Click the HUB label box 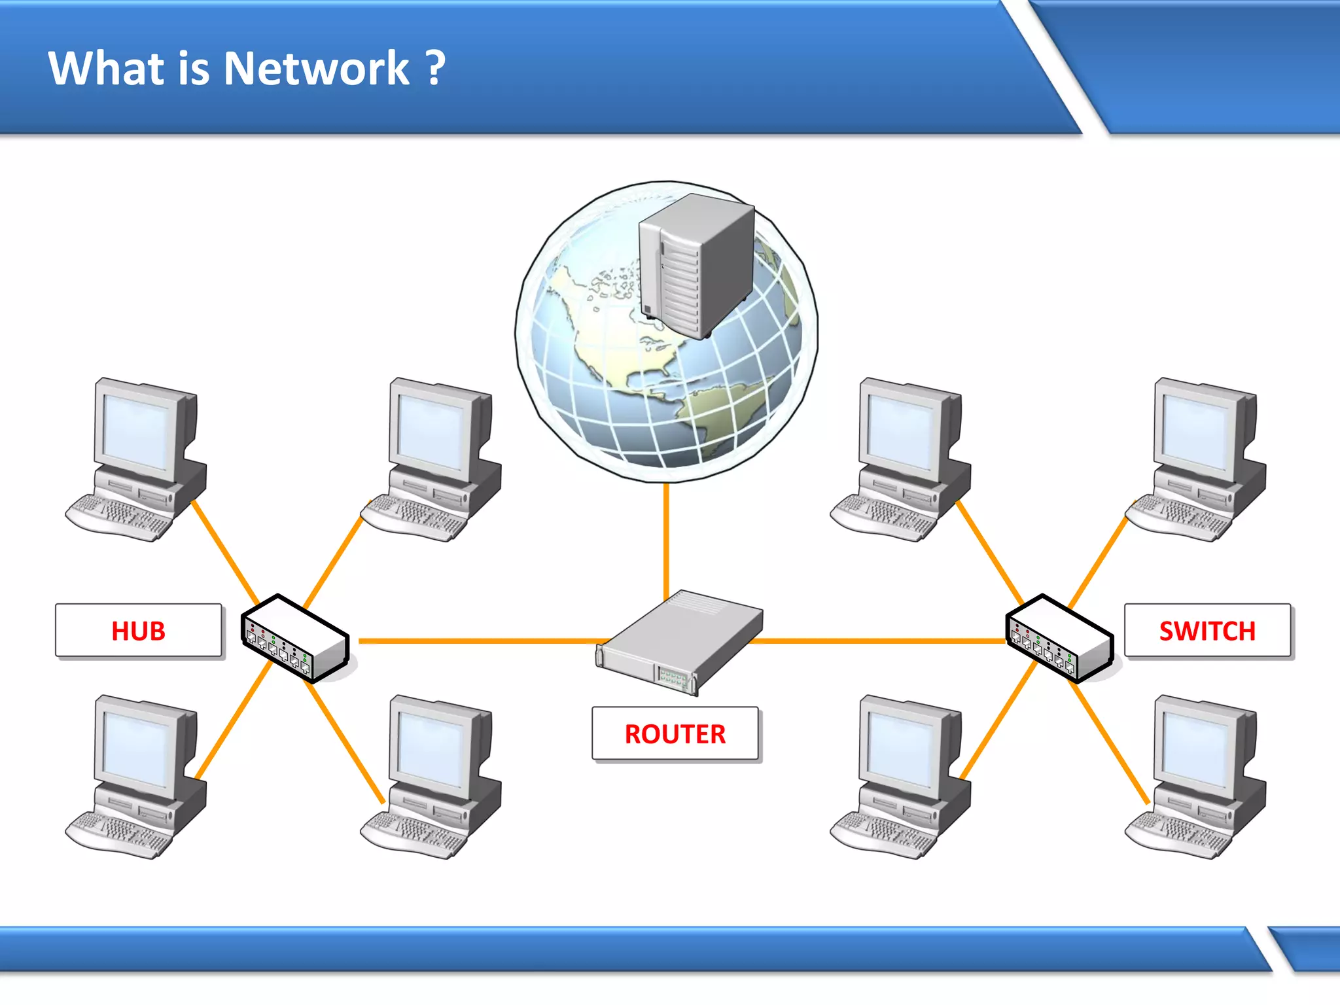(x=138, y=631)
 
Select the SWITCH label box (x=1207, y=631)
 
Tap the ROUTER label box (x=675, y=733)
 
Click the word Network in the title (x=317, y=68)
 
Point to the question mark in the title (x=435, y=68)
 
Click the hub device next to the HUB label (x=294, y=639)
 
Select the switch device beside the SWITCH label (x=1059, y=639)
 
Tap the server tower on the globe (x=697, y=265)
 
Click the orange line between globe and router (x=666, y=537)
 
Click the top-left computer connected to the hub (x=137, y=458)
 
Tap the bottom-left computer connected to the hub (x=137, y=775)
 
